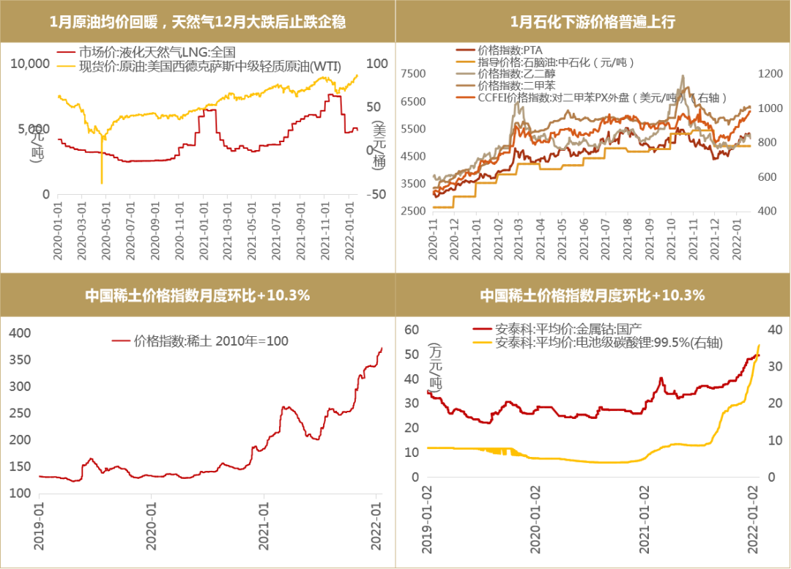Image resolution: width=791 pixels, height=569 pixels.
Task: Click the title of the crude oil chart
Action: point(198,22)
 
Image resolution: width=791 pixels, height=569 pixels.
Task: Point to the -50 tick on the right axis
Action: point(376,194)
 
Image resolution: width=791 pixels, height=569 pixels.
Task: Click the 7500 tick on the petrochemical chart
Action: point(414,73)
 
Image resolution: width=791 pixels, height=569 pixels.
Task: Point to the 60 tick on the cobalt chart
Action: point(412,329)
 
